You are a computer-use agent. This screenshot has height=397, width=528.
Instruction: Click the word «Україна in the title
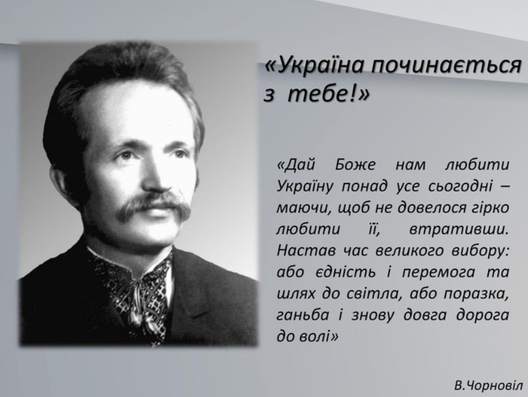(315, 65)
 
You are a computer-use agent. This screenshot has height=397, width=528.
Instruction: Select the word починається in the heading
(447, 66)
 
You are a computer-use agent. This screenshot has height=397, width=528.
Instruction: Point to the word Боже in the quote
(355, 165)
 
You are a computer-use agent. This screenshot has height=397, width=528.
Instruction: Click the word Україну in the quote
(306, 187)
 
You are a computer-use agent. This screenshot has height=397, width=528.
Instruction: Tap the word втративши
(458, 229)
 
